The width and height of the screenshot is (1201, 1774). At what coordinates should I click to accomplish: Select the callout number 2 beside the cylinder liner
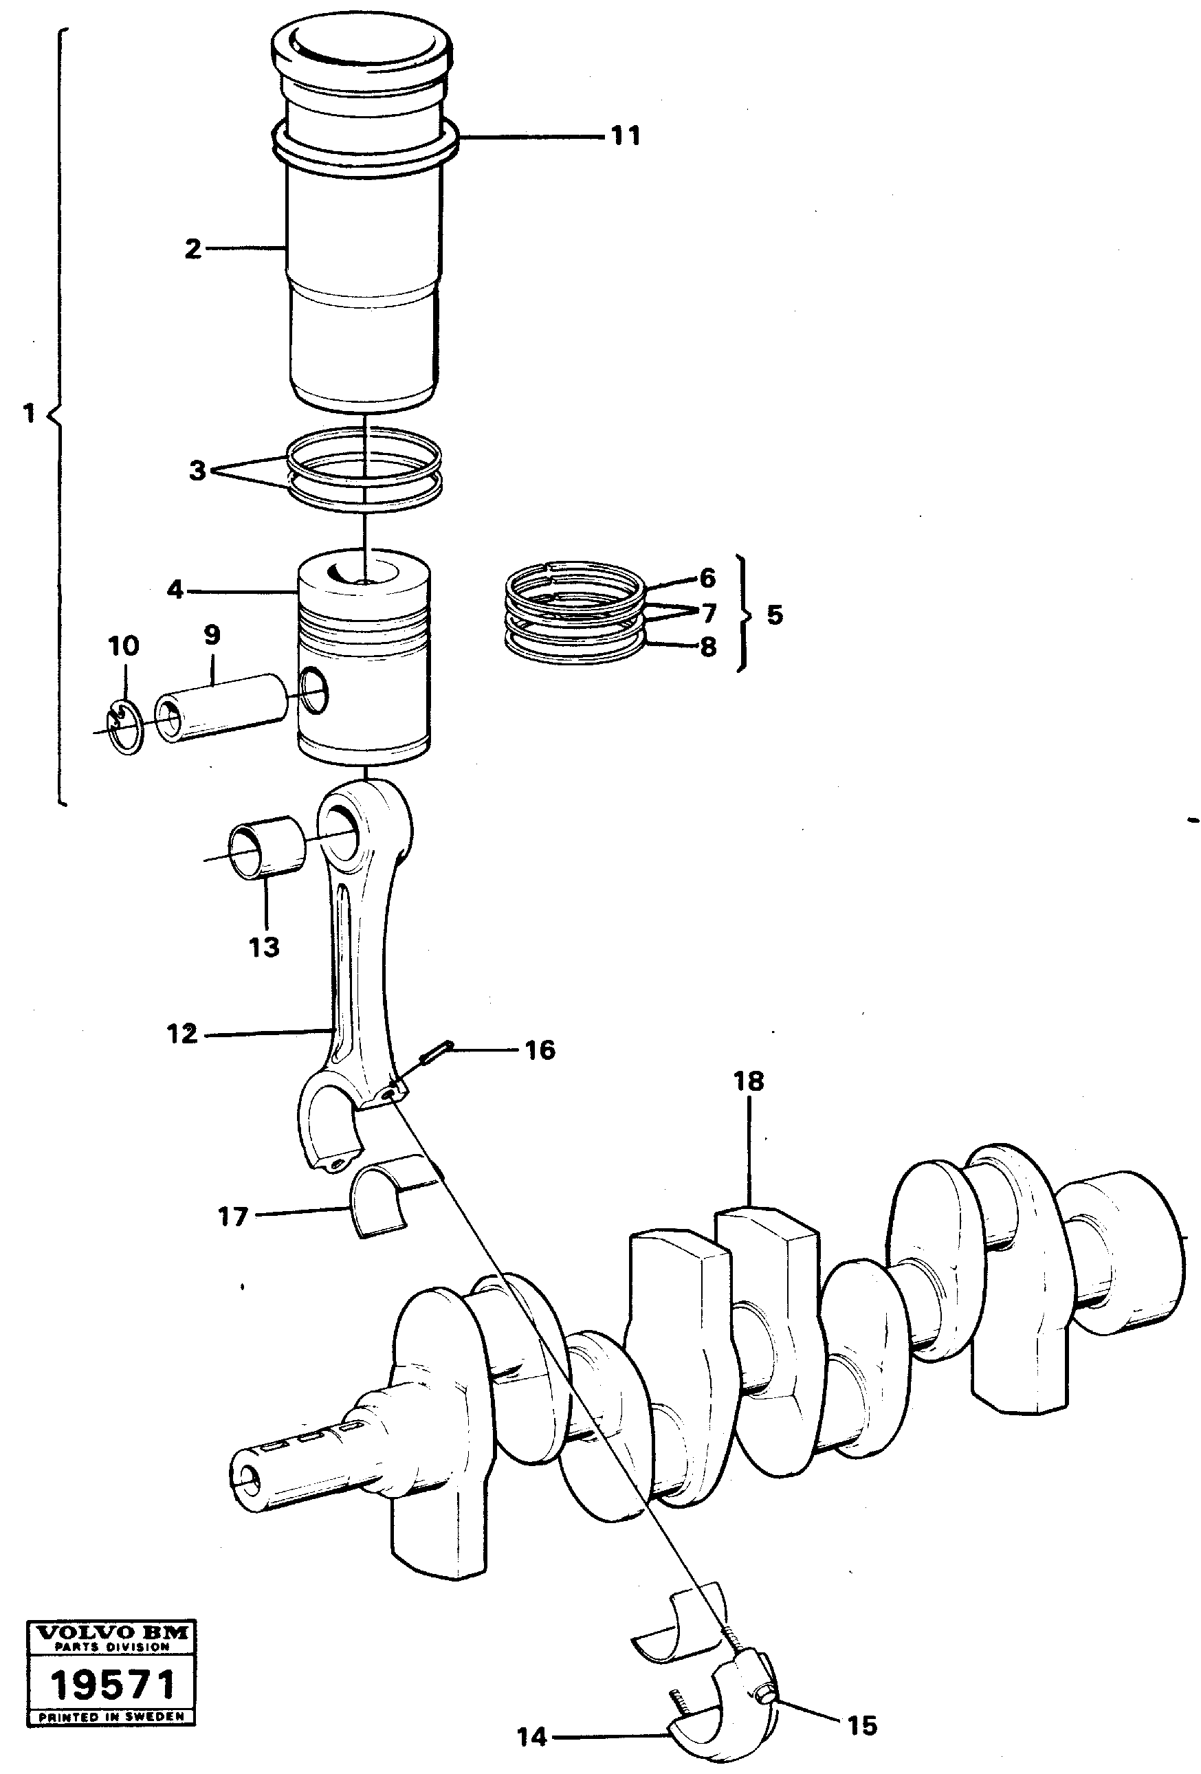[193, 249]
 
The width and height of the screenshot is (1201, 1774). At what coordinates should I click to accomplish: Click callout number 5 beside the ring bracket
[774, 614]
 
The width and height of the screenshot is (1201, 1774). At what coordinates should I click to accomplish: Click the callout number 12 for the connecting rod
[181, 1034]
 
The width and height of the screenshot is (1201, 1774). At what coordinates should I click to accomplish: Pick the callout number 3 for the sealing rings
[197, 470]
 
